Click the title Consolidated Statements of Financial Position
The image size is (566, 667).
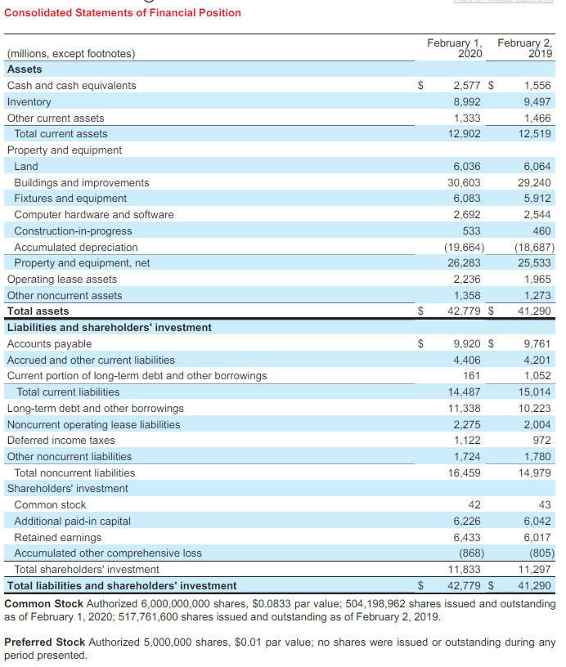[x=123, y=12]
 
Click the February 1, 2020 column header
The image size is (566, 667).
[x=455, y=47]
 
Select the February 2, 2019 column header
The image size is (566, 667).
[x=524, y=47]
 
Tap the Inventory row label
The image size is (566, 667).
[x=29, y=102]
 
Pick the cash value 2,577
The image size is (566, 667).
[x=467, y=86]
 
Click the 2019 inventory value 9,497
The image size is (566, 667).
[x=537, y=102]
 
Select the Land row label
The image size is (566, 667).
[x=26, y=167]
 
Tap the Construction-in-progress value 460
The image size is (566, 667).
[x=541, y=231]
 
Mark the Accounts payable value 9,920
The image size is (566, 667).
[x=467, y=344]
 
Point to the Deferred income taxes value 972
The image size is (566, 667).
[x=541, y=441]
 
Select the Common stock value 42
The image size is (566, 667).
[x=474, y=505]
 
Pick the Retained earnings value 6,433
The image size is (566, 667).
[x=467, y=538]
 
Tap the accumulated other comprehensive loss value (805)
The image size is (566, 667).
[x=537, y=553]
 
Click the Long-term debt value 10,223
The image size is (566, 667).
[x=535, y=409]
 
